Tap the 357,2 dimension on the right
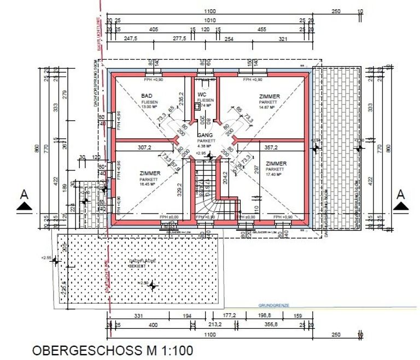271,147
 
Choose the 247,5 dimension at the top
130,39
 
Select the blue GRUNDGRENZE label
273,306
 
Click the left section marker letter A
24,194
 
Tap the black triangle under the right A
401,205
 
